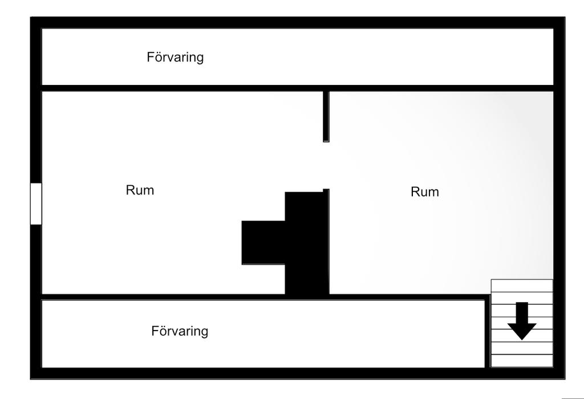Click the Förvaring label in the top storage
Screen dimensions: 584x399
click(175, 58)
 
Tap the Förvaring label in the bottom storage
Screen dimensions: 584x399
click(180, 331)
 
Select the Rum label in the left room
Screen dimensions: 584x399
click(140, 190)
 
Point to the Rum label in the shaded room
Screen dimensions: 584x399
click(424, 192)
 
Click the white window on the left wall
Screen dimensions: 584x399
click(36, 203)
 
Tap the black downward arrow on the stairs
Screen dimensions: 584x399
click(522, 321)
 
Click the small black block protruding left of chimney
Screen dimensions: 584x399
click(263, 243)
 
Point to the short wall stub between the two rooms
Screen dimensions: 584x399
click(326, 116)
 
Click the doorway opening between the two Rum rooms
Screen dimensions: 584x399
click(326, 166)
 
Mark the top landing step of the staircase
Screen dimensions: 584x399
click(522, 286)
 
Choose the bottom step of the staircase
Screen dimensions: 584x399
click(522, 361)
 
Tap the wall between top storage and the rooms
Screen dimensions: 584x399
click(297, 88)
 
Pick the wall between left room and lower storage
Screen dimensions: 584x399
click(163, 297)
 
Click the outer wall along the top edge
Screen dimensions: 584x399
click(298, 23)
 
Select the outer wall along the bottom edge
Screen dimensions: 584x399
click(298, 373)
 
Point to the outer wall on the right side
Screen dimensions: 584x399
click(559, 198)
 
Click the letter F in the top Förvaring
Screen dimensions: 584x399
click(150, 57)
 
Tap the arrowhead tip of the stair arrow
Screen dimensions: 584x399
click(522, 340)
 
